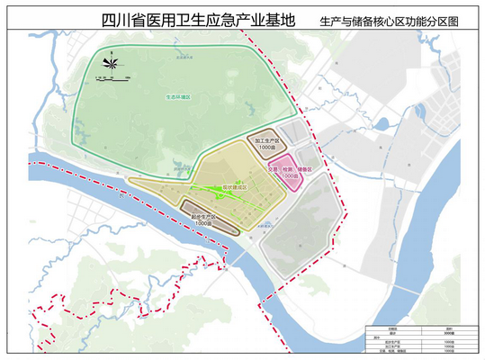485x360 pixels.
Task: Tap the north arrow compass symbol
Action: (112, 64)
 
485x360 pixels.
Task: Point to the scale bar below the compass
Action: (112, 80)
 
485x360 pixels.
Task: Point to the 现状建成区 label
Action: (233, 188)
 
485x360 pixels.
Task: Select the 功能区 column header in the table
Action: (392, 328)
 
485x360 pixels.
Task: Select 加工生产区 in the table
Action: (392, 350)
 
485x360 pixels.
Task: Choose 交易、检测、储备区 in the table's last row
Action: (392, 355)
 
